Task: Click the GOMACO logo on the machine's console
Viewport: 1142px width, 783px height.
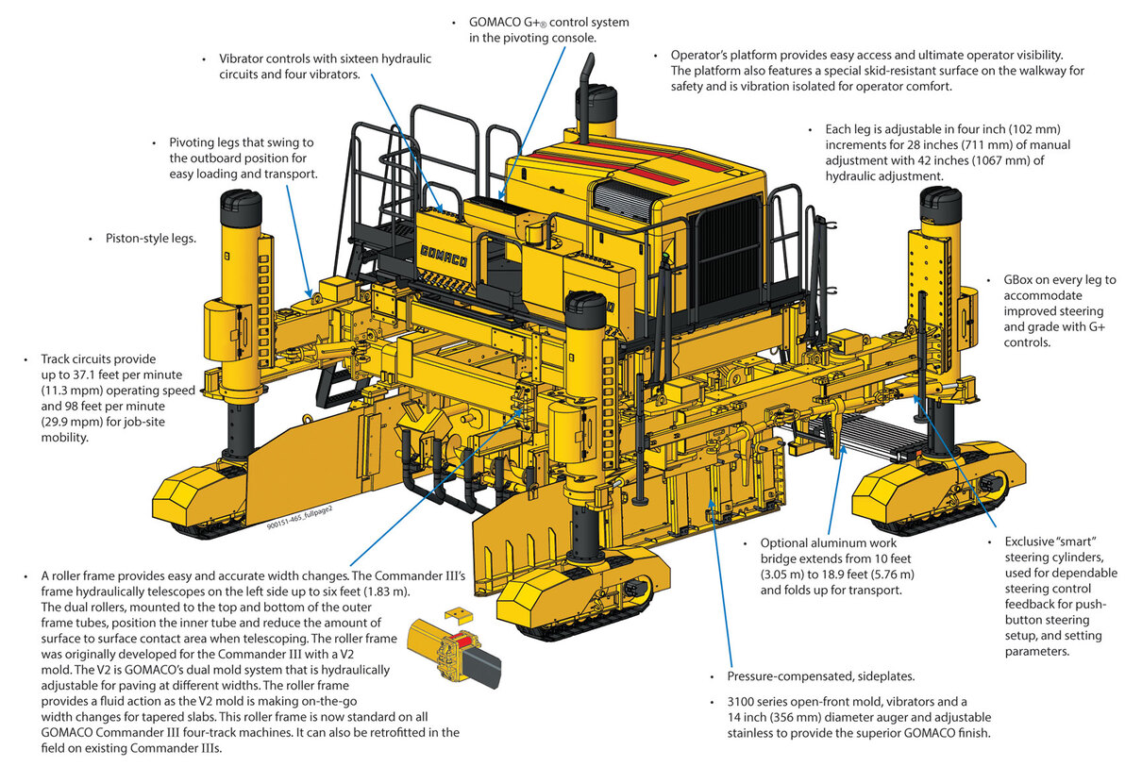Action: [x=444, y=257]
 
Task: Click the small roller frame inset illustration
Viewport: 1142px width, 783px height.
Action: [x=453, y=646]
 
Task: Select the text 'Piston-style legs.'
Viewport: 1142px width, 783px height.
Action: [x=151, y=239]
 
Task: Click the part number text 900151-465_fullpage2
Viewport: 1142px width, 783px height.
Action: [x=300, y=517]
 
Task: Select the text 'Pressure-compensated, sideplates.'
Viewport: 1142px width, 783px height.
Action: [x=821, y=676]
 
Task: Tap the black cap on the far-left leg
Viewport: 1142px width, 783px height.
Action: [x=241, y=208]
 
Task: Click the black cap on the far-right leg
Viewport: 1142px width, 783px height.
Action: [x=941, y=205]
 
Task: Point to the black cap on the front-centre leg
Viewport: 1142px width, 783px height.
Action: [x=586, y=309]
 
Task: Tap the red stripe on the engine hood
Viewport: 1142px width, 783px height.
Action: [x=637, y=162]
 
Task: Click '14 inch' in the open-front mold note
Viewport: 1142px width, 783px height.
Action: [x=749, y=717]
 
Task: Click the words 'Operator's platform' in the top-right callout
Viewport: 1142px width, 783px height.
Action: [x=724, y=55]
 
